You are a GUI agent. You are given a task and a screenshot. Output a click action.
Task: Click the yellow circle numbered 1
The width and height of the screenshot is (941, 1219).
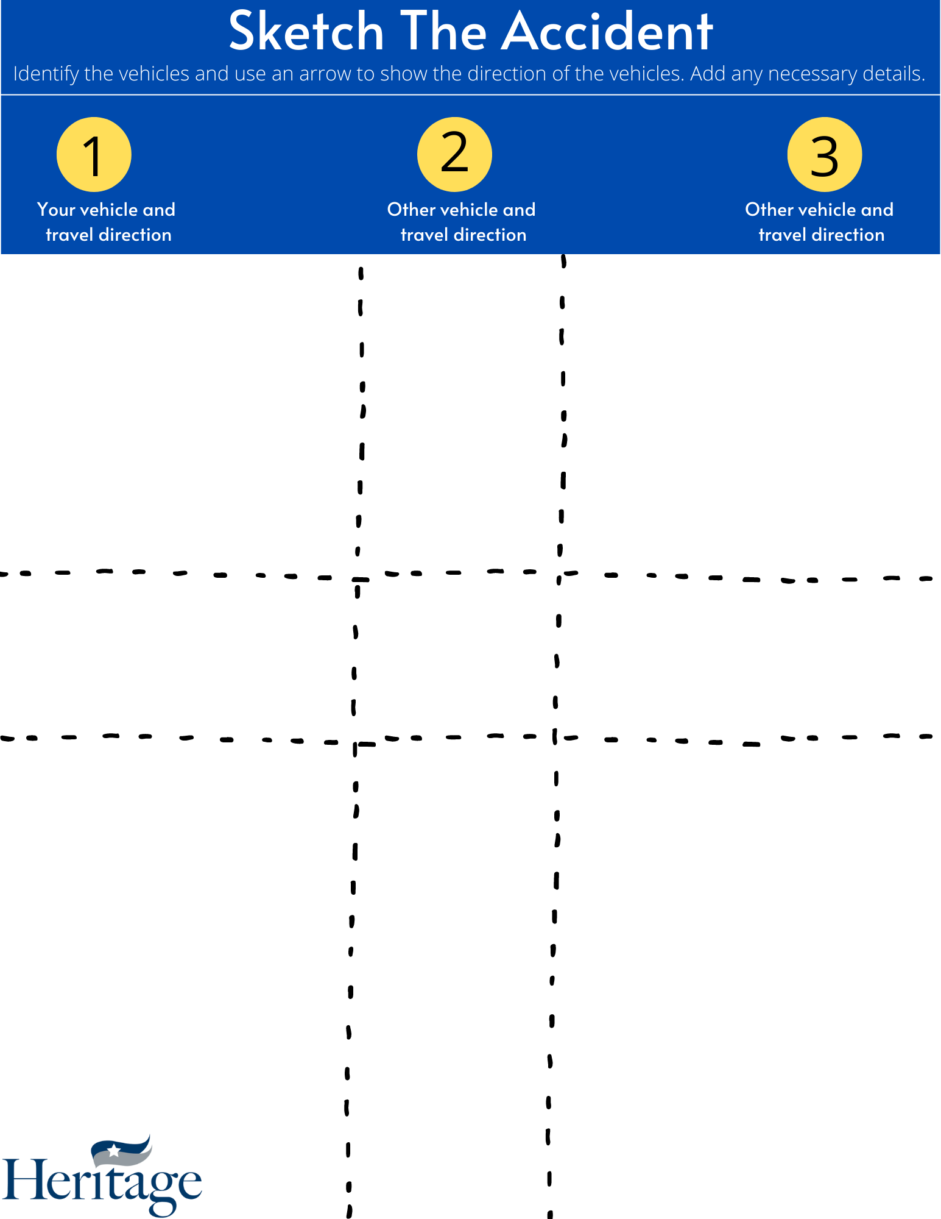pos(94,155)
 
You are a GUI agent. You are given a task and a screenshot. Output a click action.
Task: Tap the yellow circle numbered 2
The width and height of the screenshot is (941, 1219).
pos(454,155)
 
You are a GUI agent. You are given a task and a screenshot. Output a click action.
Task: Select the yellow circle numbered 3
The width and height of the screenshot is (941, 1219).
pos(824,155)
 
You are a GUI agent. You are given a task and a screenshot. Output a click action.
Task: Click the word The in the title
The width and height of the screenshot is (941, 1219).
pos(443,32)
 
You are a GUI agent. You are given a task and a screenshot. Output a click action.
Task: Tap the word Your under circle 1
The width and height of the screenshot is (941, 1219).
pos(56,210)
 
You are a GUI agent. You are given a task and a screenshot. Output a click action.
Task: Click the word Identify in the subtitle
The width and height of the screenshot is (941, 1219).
pos(46,74)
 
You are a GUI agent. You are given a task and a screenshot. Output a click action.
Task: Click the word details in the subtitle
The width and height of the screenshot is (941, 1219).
pos(892,74)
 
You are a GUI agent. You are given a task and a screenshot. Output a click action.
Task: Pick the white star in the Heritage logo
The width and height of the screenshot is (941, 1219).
pos(114,1150)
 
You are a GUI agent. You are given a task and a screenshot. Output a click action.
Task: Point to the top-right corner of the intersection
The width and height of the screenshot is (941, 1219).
pos(560,574)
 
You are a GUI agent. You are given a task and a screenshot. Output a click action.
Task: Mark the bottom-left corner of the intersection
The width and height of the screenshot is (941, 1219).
pos(355,743)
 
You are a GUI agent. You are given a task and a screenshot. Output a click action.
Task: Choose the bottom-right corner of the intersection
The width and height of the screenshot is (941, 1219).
pos(555,738)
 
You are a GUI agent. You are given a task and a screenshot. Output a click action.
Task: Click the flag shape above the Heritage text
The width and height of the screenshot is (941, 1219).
pos(122,1150)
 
